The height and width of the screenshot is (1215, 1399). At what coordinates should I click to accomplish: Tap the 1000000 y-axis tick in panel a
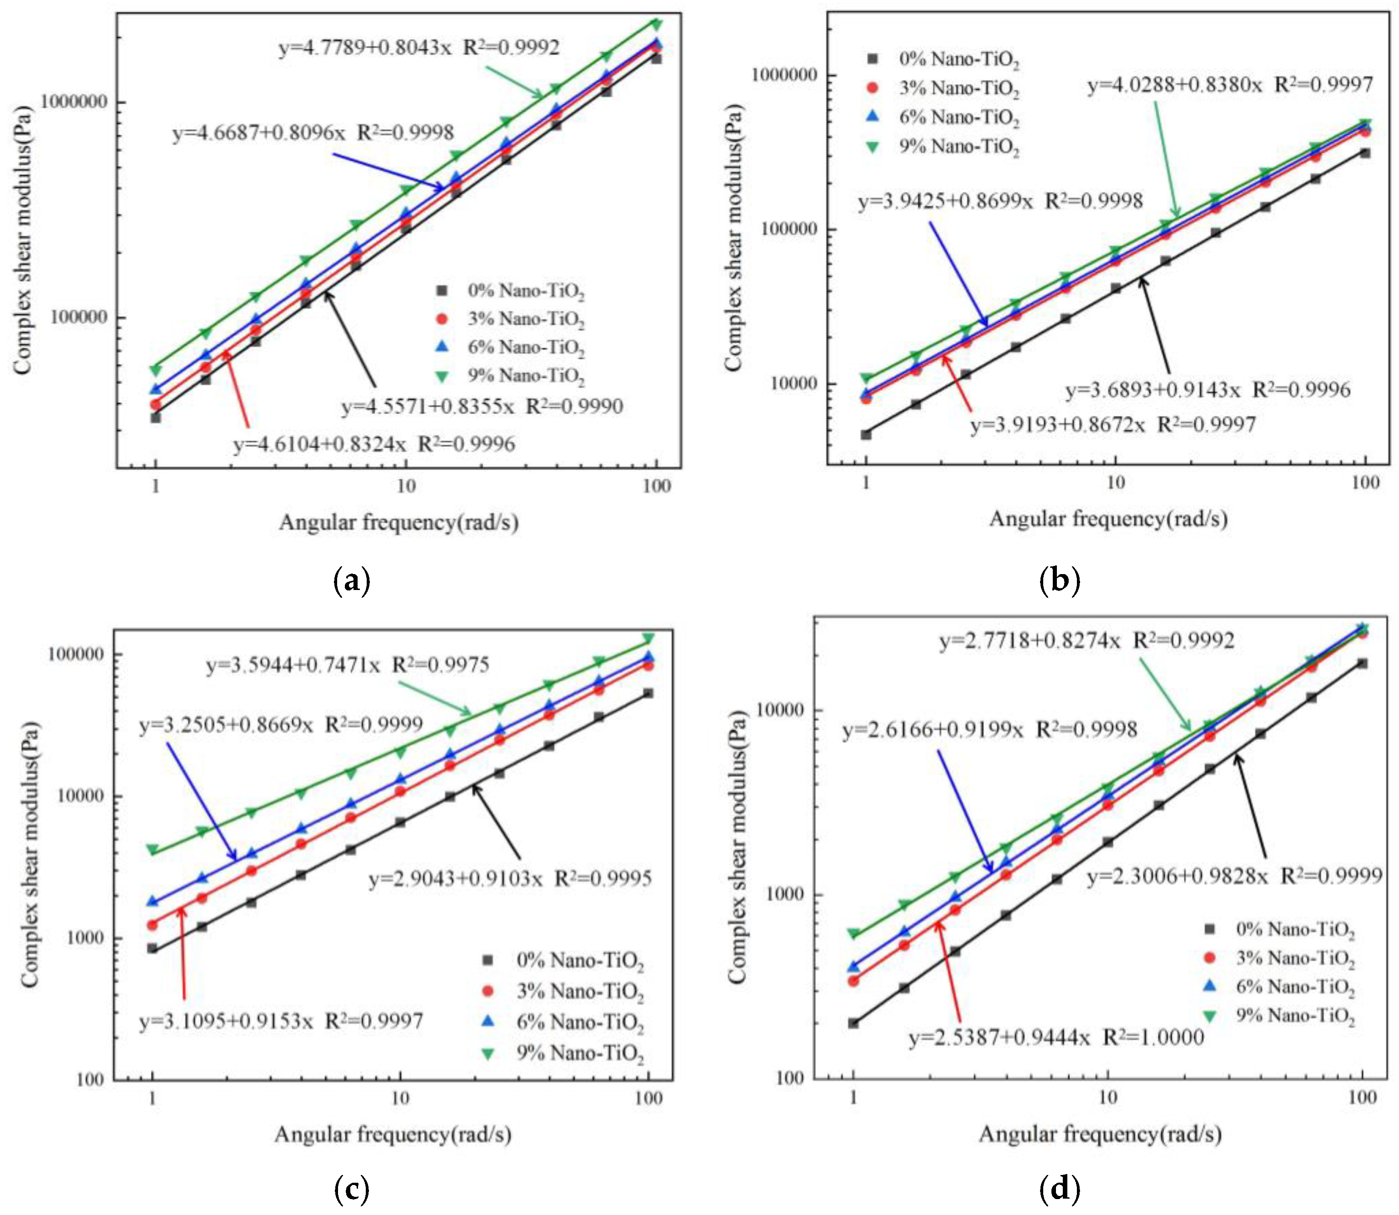click(75, 102)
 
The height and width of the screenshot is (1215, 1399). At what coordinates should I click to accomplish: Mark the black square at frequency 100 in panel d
click(1362, 663)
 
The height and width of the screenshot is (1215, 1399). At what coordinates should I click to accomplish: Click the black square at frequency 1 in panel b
click(866, 435)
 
